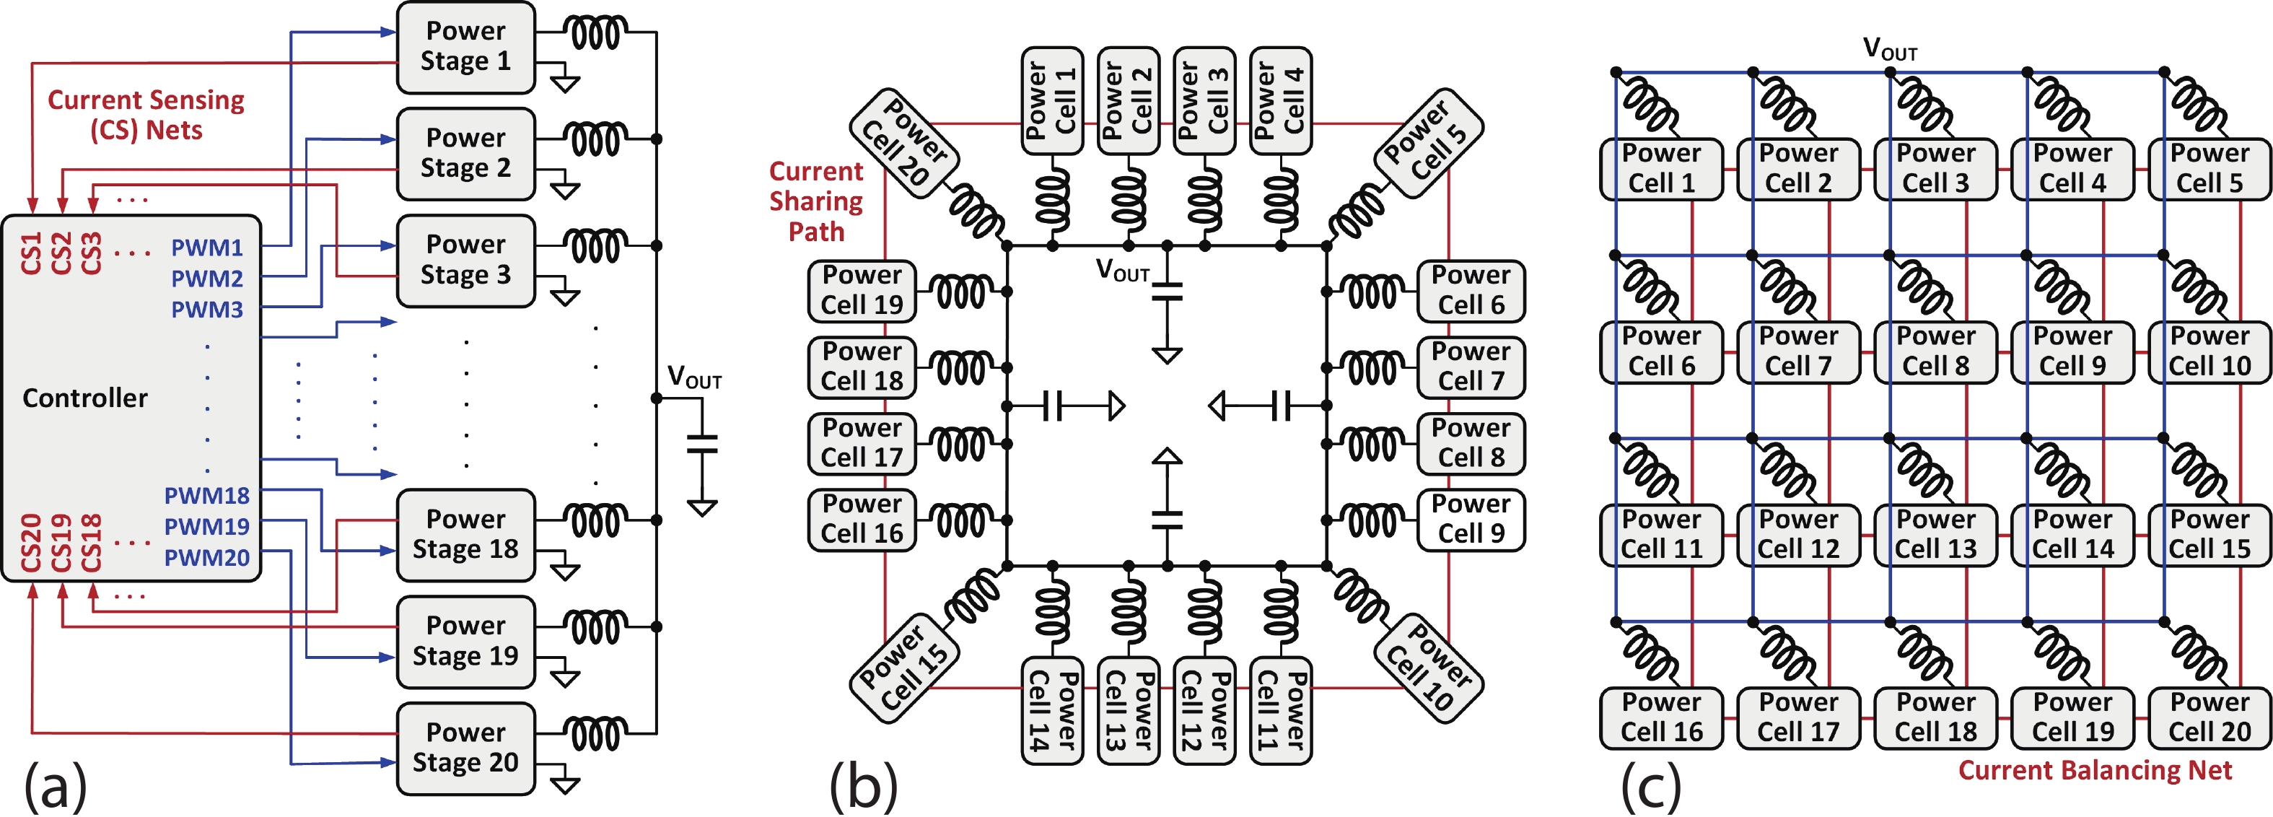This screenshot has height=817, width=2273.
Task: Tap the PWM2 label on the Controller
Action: pyautogui.click(x=206, y=279)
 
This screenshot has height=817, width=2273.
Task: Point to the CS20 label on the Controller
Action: pyautogui.click(x=31, y=543)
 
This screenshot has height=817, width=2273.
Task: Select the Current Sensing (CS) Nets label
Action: pyautogui.click(x=146, y=115)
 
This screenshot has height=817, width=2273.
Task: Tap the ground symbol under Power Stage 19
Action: pyautogui.click(x=565, y=678)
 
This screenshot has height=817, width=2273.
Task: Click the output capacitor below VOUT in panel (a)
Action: pyautogui.click(x=702, y=444)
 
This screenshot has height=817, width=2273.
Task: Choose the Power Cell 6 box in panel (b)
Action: pyautogui.click(x=1471, y=290)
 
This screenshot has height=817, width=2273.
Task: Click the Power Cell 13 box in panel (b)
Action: pyautogui.click(x=1128, y=710)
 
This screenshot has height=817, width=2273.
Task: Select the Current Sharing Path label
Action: pyautogui.click(x=816, y=201)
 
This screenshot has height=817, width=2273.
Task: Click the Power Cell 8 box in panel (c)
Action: pyautogui.click(x=1935, y=352)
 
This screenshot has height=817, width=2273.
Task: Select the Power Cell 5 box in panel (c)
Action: pyautogui.click(x=2210, y=168)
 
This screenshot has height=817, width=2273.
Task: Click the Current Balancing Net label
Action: pyautogui.click(x=2095, y=770)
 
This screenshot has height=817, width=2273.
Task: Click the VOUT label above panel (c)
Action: pyautogui.click(x=1889, y=48)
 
